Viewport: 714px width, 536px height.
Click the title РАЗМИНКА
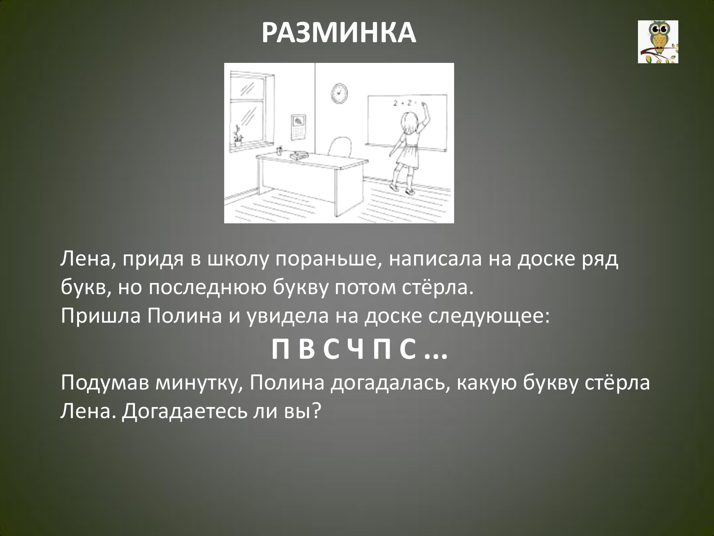coord(339,33)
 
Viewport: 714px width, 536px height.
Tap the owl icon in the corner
coord(658,42)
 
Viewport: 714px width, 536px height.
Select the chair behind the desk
coord(339,147)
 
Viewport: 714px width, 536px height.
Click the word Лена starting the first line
coord(84,260)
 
